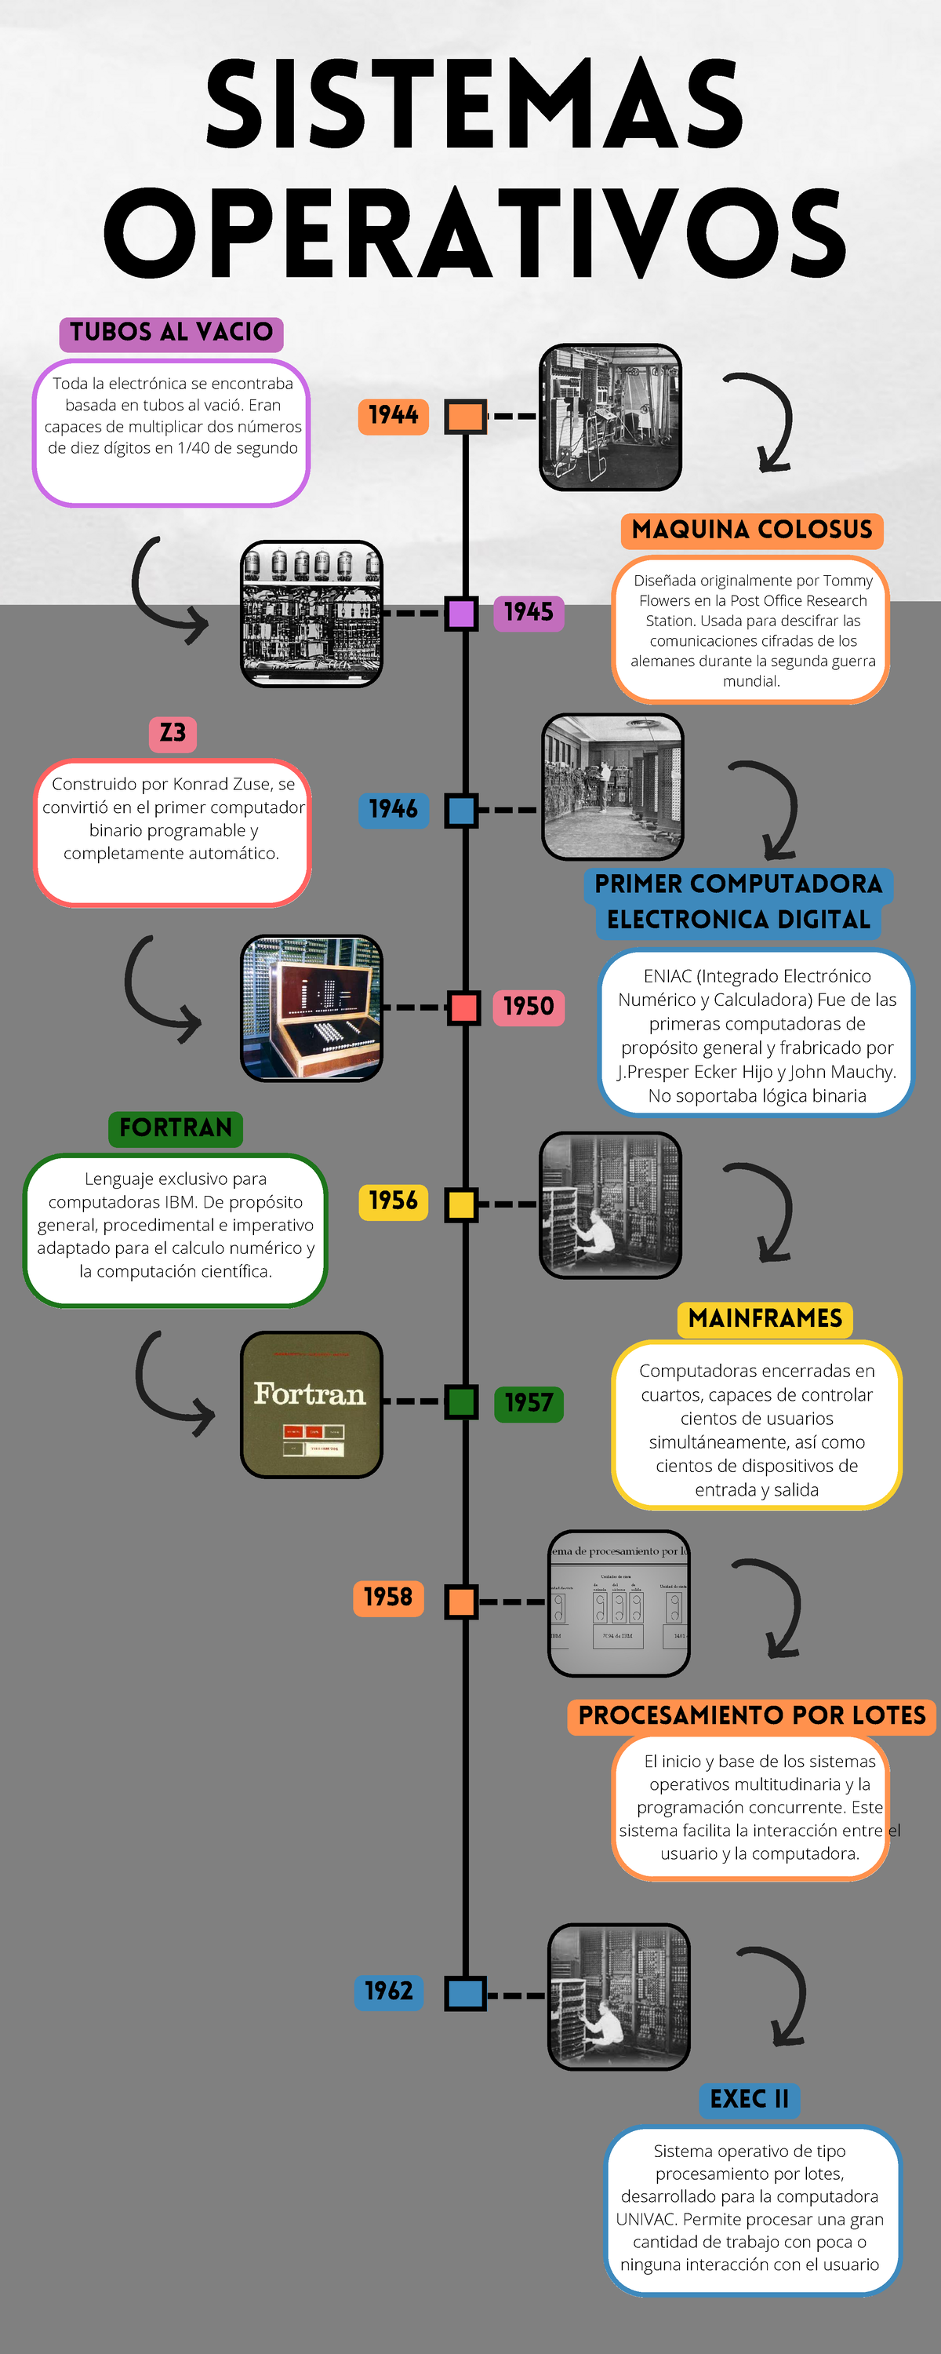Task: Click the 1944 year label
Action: coord(393,416)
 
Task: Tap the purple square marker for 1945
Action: coord(460,612)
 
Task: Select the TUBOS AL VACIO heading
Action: coord(171,333)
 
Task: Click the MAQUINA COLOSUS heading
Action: coord(751,530)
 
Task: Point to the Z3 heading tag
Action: coord(172,733)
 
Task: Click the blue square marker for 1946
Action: coord(461,810)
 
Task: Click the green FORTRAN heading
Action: coord(176,1128)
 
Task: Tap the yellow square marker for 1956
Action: coord(461,1204)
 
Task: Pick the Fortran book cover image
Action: coord(311,1404)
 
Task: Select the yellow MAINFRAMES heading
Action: coord(765,1319)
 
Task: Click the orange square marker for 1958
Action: coord(461,1601)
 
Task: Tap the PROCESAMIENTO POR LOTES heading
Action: coord(751,1715)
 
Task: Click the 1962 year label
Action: coord(388,1991)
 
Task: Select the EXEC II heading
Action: coord(749,2099)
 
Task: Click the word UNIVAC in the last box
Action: coord(646,2220)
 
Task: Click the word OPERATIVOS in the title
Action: coord(475,233)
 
